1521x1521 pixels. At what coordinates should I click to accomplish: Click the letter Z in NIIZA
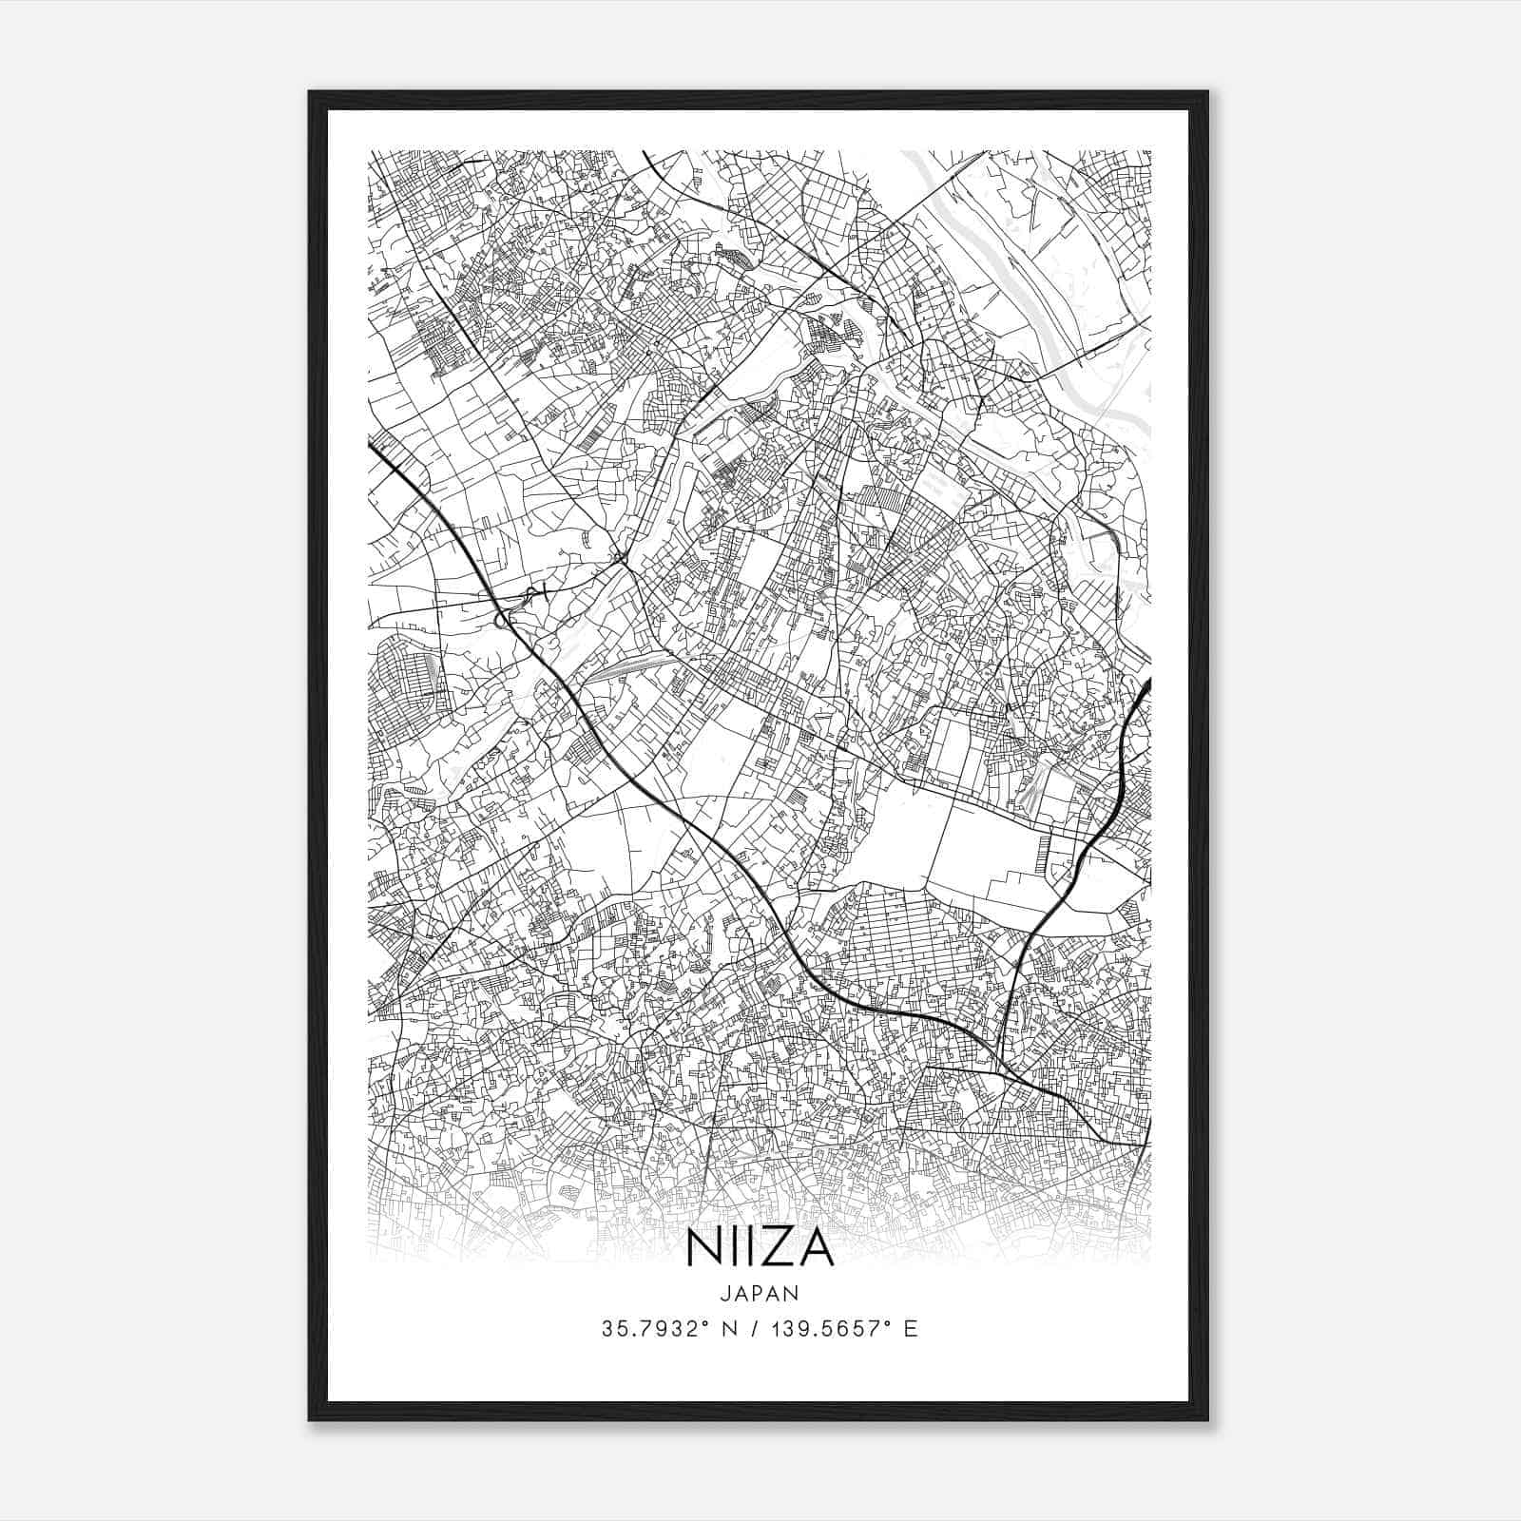click(x=781, y=1249)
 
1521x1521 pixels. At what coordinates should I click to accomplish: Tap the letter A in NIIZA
click(x=817, y=1249)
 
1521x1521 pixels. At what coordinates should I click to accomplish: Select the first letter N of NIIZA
click(x=703, y=1249)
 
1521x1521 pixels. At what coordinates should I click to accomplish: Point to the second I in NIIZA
click(x=754, y=1249)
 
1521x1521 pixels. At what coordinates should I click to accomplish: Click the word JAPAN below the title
click(x=760, y=1293)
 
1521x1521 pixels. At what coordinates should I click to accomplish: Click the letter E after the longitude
click(x=911, y=1329)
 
